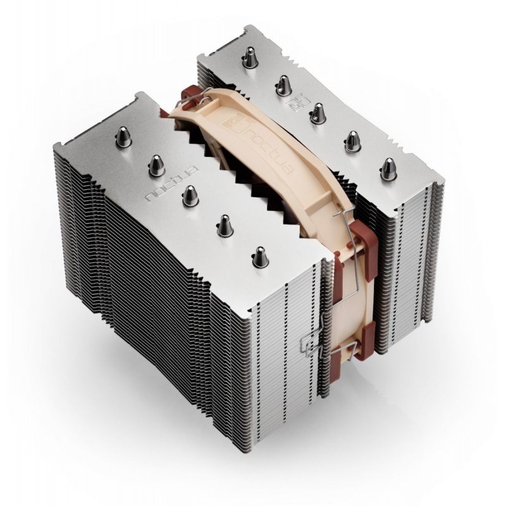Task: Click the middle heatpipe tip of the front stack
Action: [190, 194]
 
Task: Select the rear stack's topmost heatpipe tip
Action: [248, 58]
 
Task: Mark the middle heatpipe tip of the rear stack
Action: [318, 113]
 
